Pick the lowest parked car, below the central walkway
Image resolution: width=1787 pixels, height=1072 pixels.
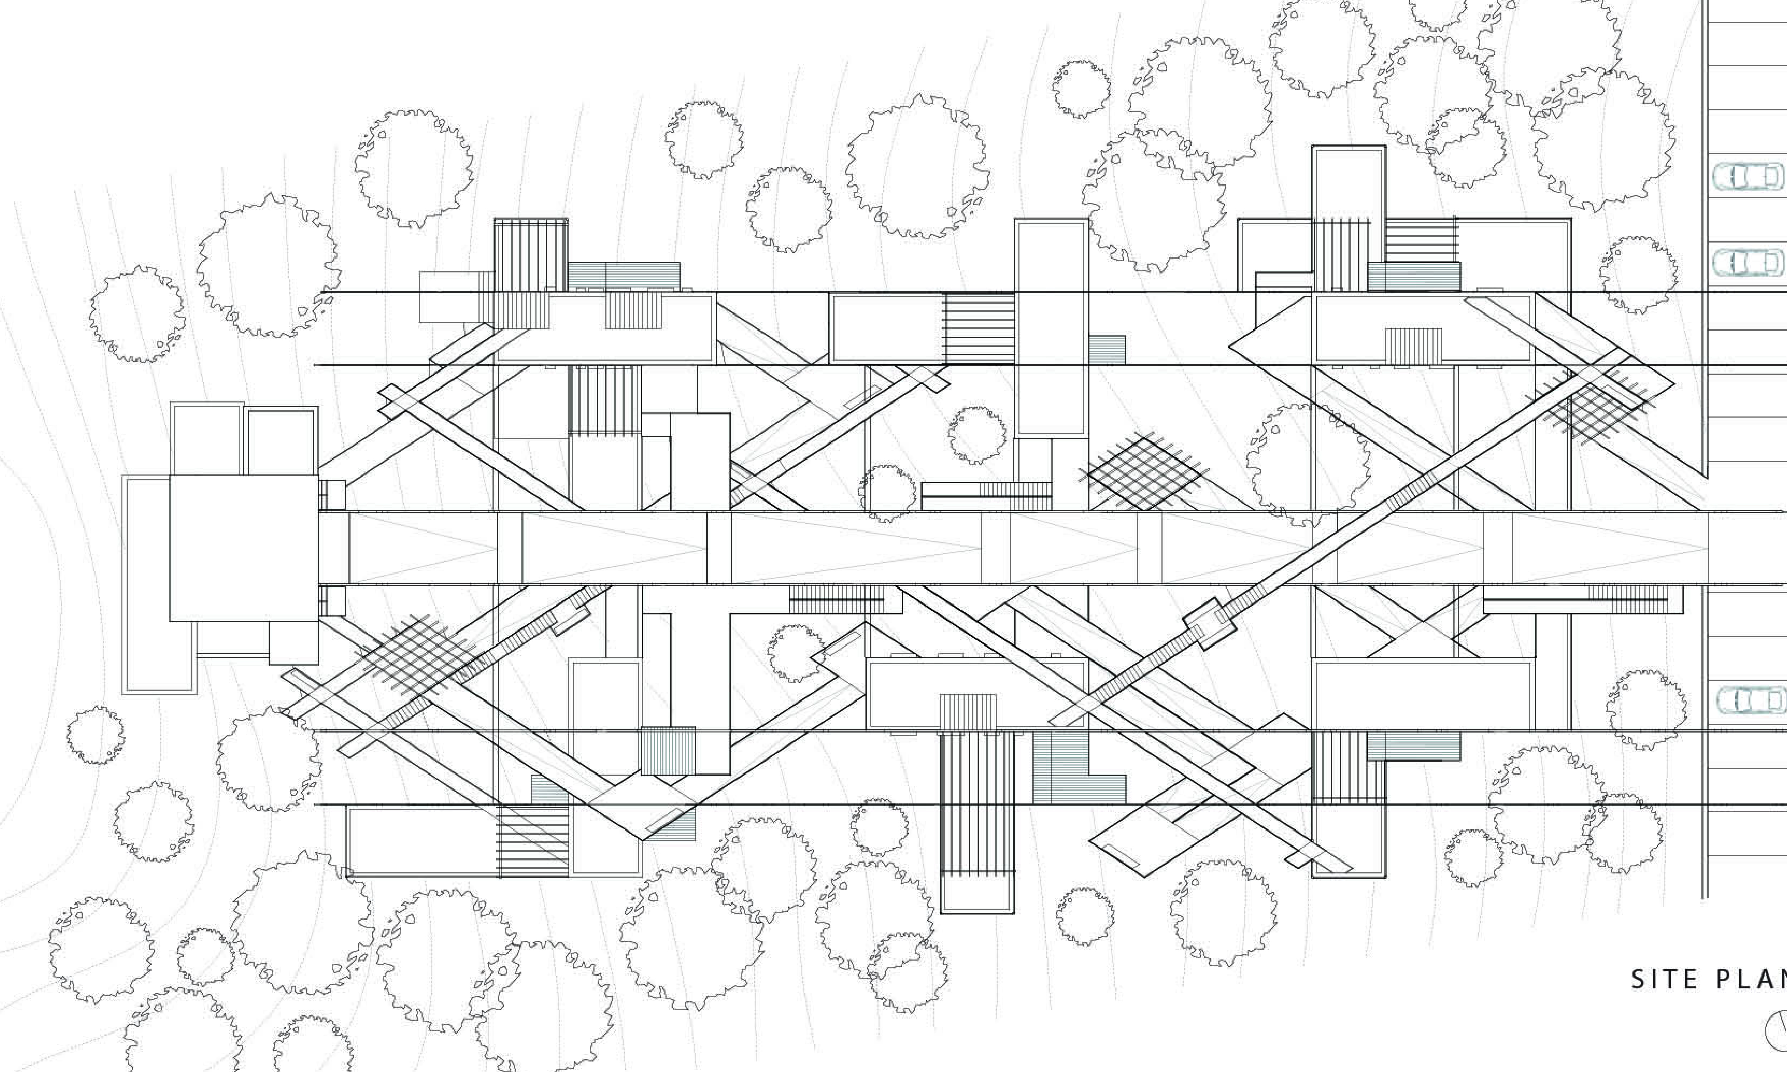1747,699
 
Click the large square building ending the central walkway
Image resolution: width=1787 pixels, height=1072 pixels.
243,547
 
